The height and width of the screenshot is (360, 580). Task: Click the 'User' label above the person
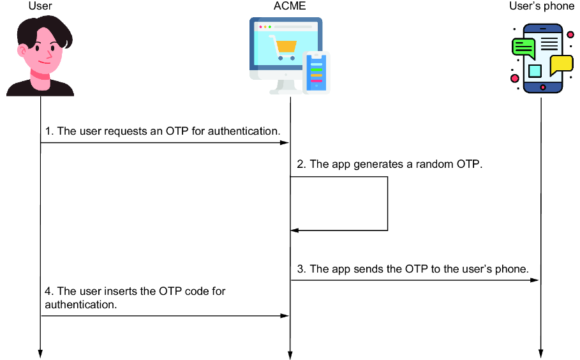pyautogui.click(x=40, y=6)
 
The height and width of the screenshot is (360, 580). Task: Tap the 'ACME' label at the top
pyautogui.click(x=290, y=6)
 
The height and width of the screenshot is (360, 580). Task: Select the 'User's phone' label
pyautogui.click(x=542, y=6)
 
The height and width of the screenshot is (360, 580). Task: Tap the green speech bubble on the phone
pyautogui.click(x=524, y=48)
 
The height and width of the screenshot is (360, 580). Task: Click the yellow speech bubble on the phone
pyautogui.click(x=561, y=64)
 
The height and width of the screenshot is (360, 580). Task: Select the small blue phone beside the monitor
pyautogui.click(x=316, y=73)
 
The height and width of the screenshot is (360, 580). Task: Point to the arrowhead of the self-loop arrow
pyautogui.click(x=295, y=230)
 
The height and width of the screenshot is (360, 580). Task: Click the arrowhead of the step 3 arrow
pyautogui.click(x=535, y=280)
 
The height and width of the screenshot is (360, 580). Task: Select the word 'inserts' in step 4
pyautogui.click(x=123, y=291)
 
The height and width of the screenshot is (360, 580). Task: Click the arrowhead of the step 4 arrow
pyautogui.click(x=285, y=315)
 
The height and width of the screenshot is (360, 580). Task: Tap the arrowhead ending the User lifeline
pyautogui.click(x=40, y=354)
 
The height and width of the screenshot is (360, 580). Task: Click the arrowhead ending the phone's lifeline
pyautogui.click(x=541, y=354)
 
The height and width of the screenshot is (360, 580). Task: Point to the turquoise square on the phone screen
pyautogui.click(x=535, y=71)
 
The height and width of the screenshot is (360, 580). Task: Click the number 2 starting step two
pyautogui.click(x=301, y=164)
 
